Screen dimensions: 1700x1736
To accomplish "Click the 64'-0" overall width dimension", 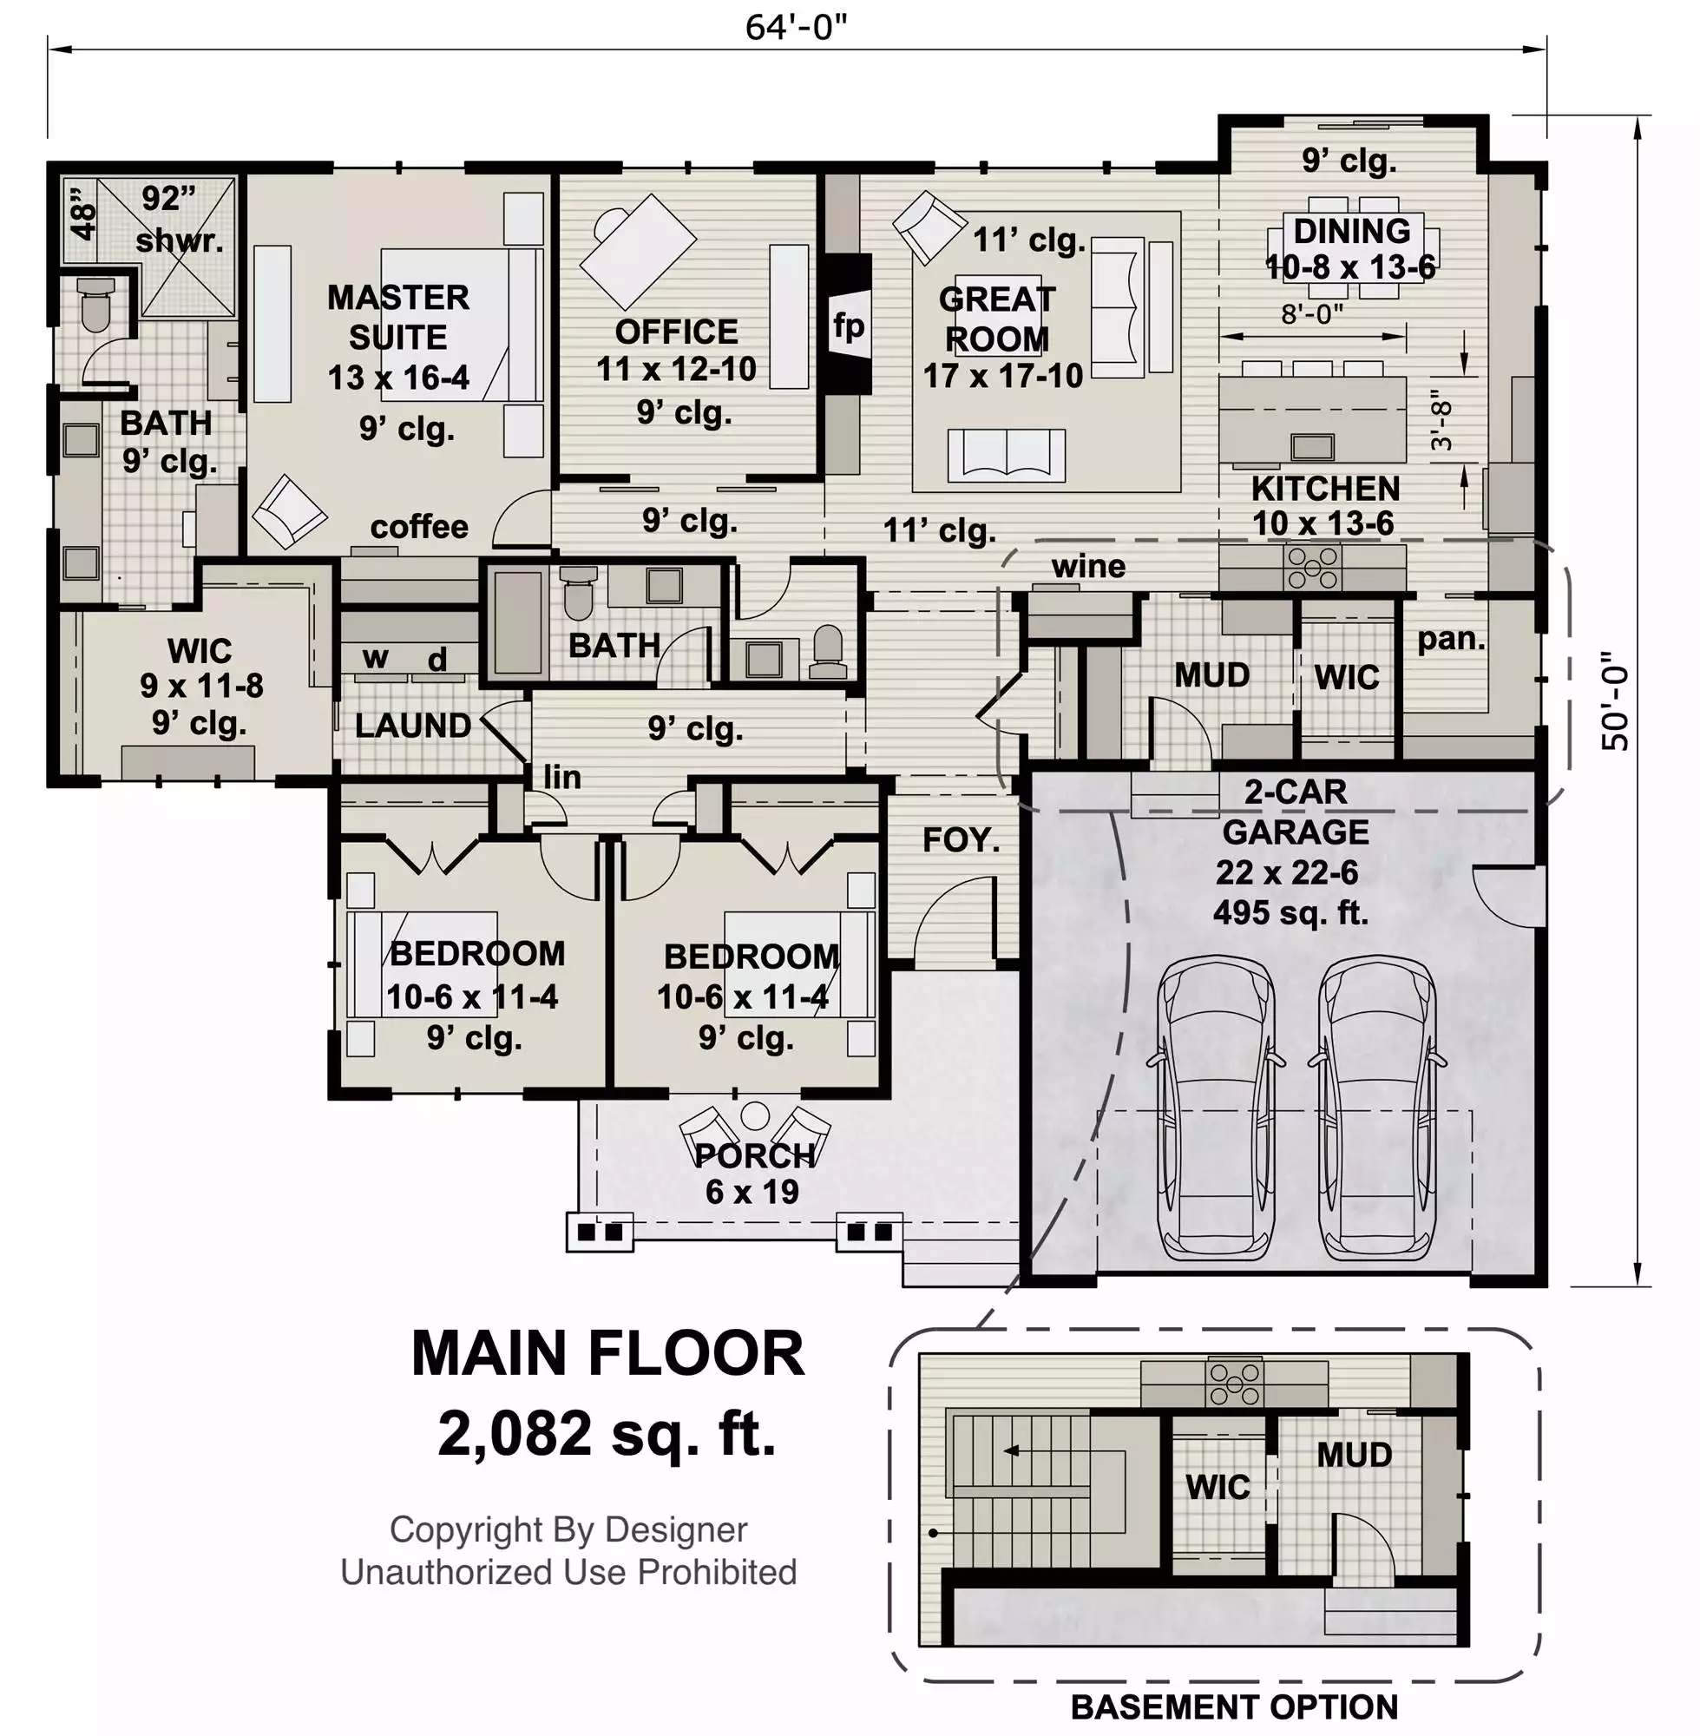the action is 796,29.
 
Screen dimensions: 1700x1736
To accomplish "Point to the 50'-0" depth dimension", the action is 1614,701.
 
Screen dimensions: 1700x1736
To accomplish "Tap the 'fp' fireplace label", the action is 849,326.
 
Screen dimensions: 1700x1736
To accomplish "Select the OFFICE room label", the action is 676,332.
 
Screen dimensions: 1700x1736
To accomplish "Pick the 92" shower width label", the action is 168,198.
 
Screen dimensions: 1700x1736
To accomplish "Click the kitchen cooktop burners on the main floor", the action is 1310,568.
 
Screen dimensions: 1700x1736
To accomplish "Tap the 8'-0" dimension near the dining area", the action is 1311,313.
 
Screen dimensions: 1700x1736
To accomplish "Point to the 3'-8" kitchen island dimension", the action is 1441,420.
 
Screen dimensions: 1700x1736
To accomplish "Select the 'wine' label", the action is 1088,566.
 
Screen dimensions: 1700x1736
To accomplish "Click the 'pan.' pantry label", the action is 1451,639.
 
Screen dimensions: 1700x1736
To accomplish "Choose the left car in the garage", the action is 1215,1108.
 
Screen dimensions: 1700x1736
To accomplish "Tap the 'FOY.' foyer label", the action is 961,839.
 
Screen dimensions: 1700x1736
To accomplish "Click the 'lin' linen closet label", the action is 562,778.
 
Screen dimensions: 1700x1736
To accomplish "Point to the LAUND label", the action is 412,725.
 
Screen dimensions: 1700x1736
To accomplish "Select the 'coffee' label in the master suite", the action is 419,527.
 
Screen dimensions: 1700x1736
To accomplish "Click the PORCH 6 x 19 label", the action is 753,1174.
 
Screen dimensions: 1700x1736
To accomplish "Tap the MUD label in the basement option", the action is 1354,1455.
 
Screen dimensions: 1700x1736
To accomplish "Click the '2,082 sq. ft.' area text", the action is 607,1433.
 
